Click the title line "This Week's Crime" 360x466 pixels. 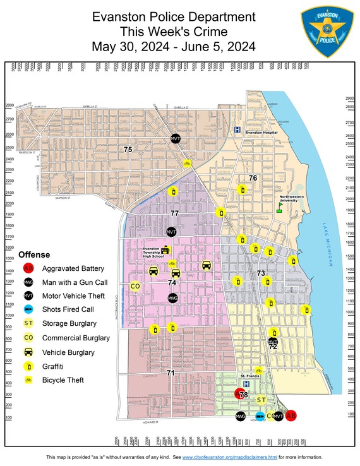click(174, 32)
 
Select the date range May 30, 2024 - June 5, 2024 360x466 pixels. click(174, 46)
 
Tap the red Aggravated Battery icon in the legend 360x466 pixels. click(28, 267)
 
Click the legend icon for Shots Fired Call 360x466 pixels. click(28, 309)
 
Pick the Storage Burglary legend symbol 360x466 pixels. click(28, 323)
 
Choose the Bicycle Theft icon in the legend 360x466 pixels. click(28, 380)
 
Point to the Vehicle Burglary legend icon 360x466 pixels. click(28, 352)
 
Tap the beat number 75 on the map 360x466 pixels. click(128, 150)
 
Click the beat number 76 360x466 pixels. click(253, 178)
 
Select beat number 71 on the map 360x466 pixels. click(171, 373)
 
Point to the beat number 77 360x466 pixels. click(175, 213)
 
